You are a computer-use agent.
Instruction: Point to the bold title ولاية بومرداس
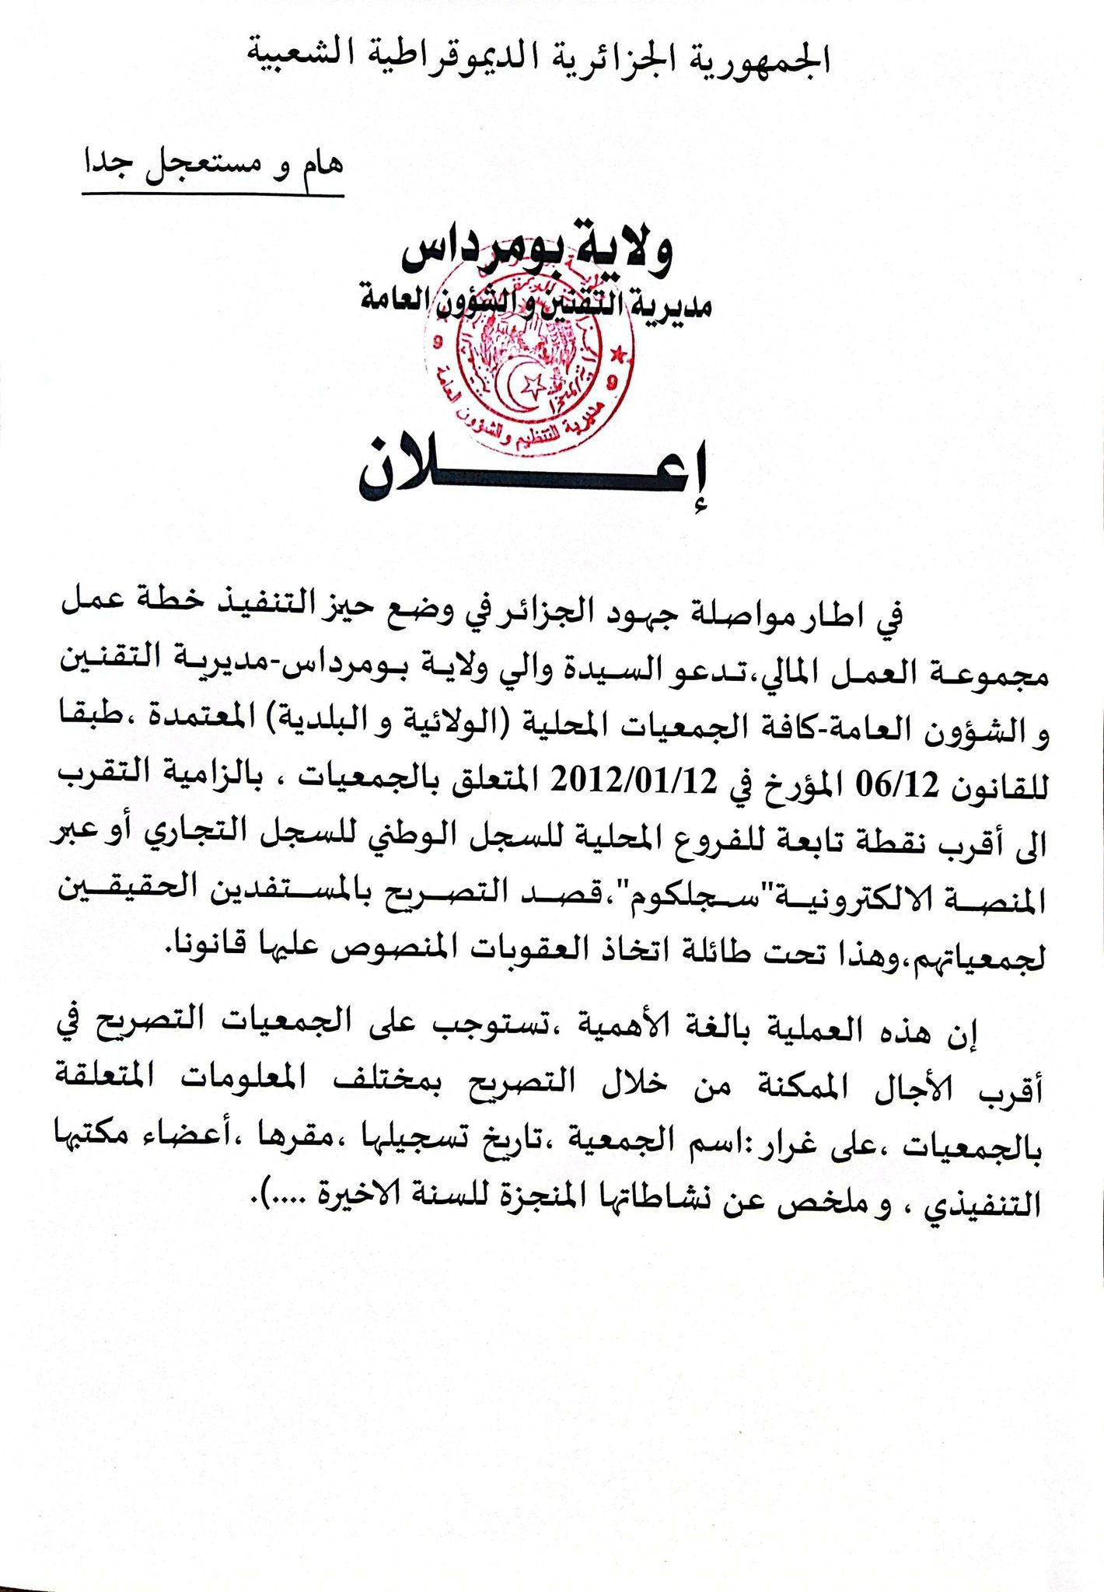pos(536,251)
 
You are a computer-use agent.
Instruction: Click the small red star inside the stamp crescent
pos(533,384)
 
